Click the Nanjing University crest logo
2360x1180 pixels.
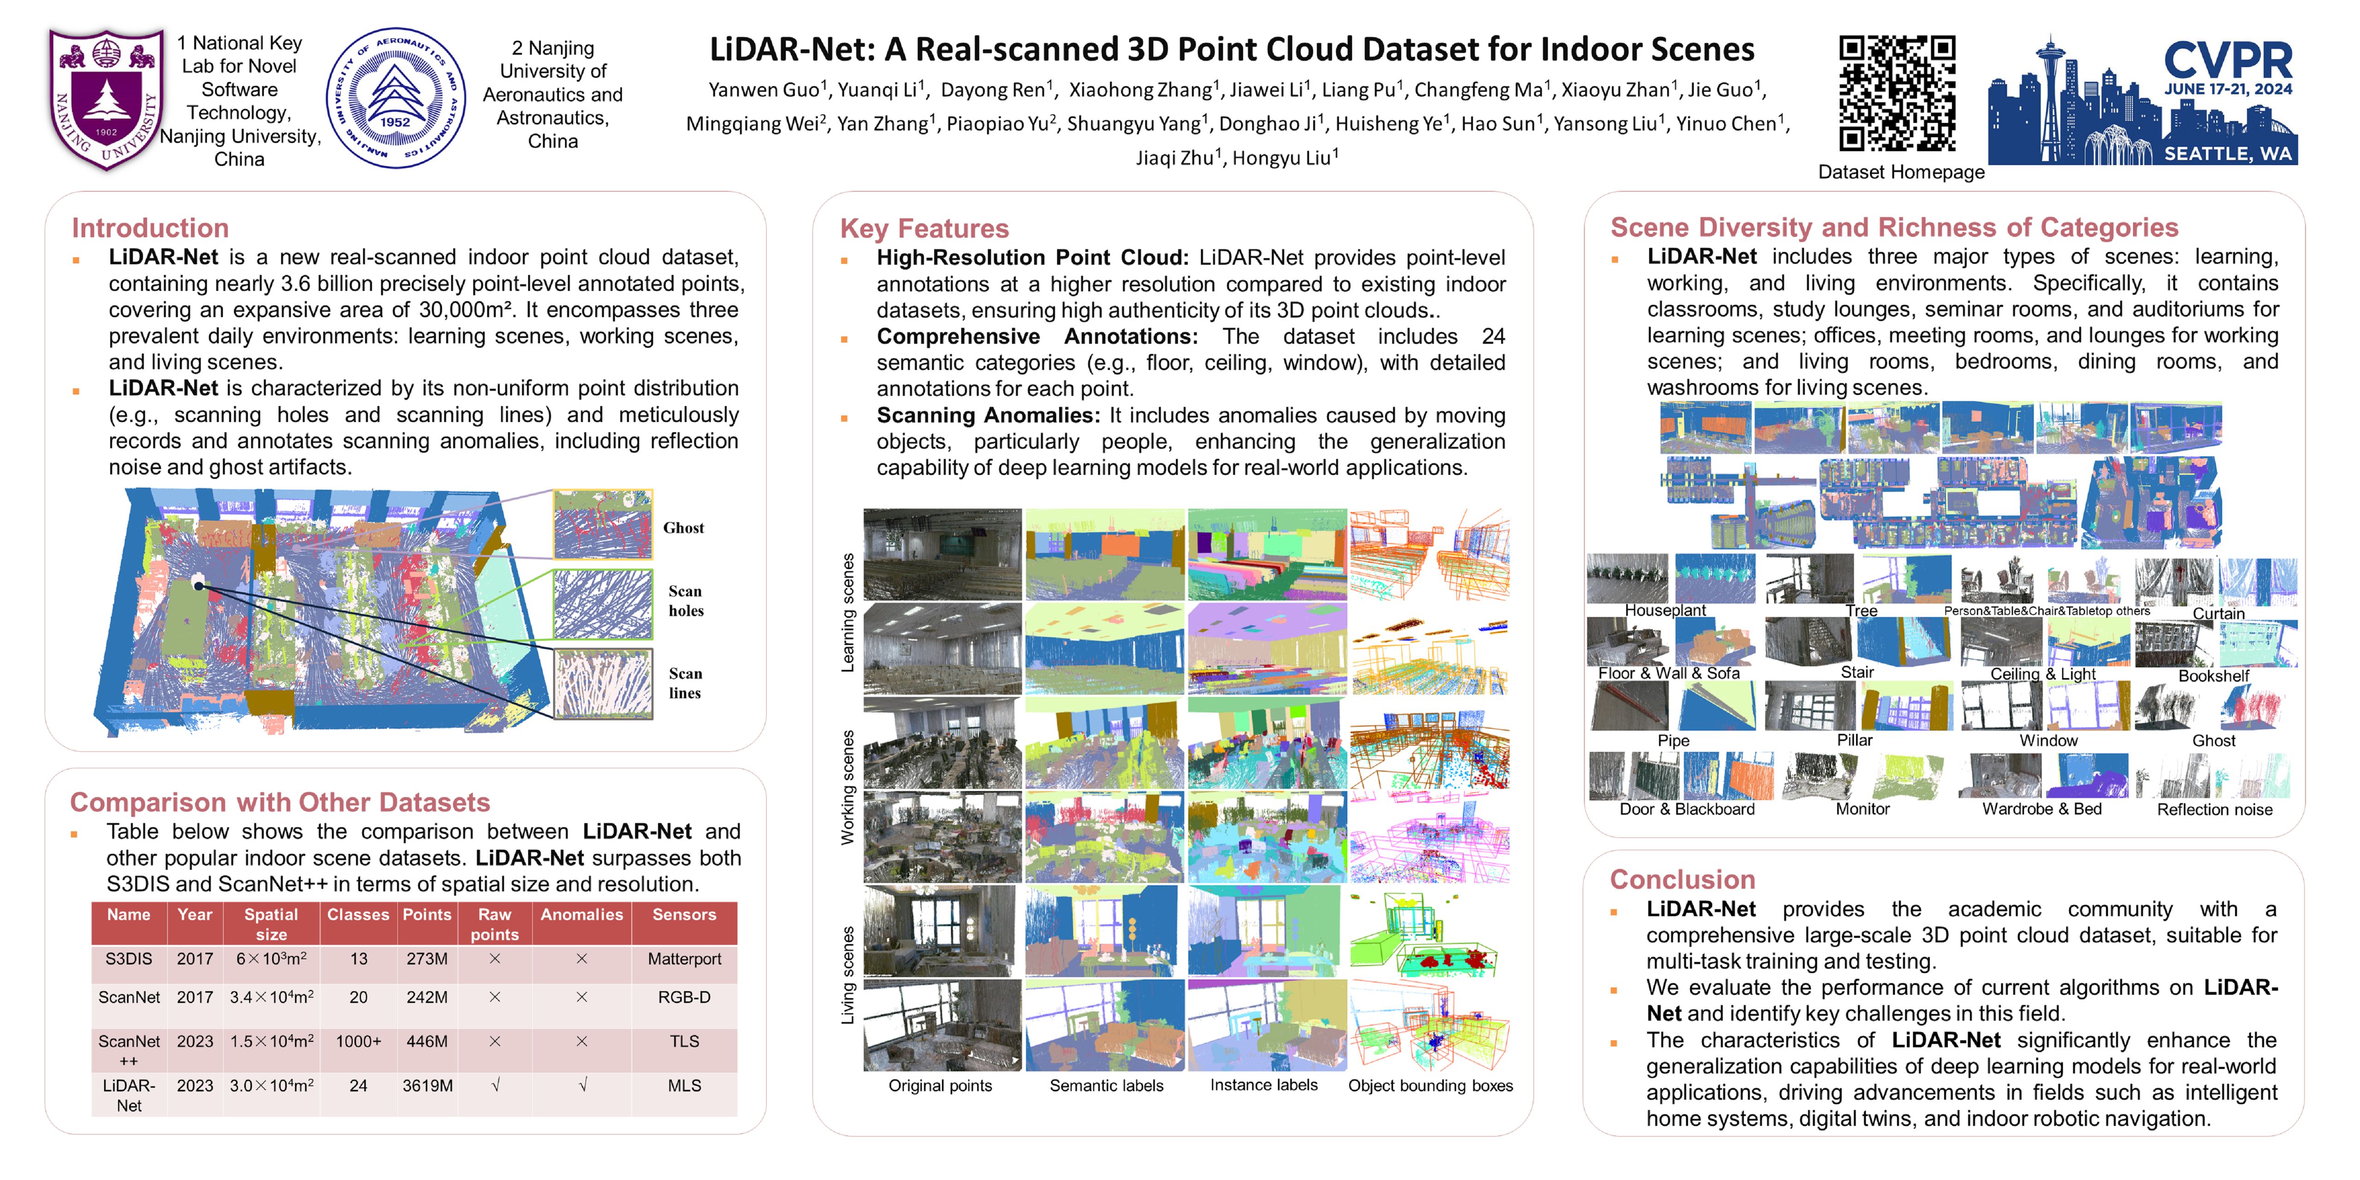pos(106,99)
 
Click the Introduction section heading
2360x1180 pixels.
pos(150,228)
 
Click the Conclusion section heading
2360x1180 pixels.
pos(1682,879)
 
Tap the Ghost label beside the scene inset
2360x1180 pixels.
pos(684,528)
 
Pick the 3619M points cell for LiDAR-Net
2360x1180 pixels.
pos(427,1086)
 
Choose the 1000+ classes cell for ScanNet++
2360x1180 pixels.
pos(358,1042)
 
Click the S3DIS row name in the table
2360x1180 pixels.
pos(128,959)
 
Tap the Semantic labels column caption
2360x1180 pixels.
pos(1106,1086)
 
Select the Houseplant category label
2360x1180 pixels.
pos(1664,610)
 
